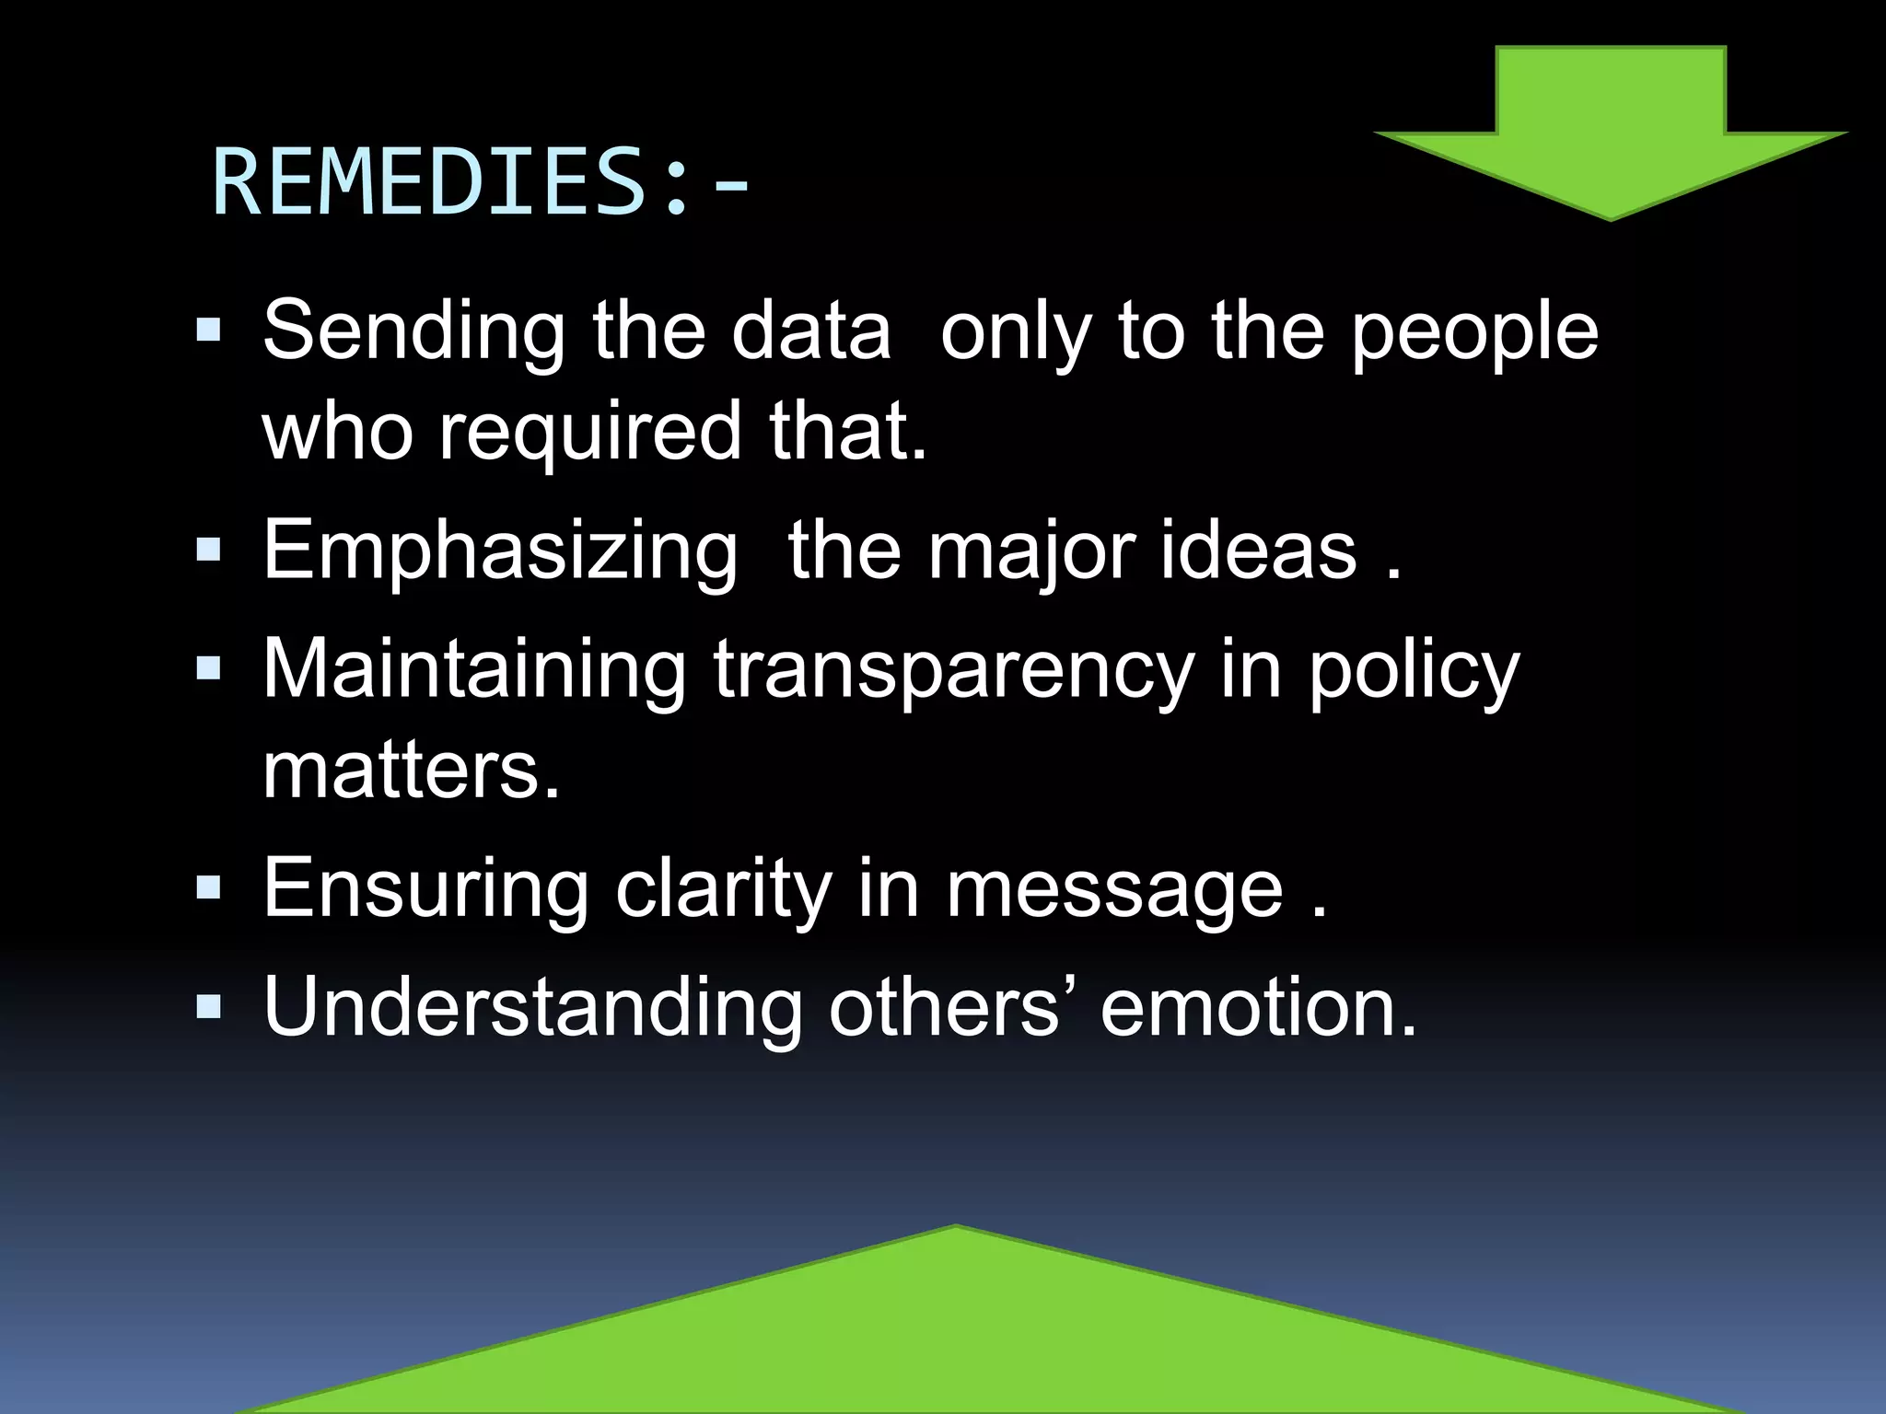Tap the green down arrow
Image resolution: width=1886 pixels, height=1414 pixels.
1611,138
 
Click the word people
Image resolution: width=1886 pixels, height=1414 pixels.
1474,333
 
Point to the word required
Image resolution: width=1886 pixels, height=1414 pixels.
589,433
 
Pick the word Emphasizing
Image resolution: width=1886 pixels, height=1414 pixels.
500,552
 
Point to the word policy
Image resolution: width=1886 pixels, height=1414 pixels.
1414,672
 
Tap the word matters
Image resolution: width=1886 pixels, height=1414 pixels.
411,771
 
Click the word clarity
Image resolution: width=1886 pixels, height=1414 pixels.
724,889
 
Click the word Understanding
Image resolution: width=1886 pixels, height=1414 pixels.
532,1007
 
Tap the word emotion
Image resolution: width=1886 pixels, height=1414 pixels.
1258,1009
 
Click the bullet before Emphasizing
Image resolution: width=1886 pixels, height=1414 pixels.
209,551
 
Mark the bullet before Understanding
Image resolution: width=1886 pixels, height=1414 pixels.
209,1007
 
